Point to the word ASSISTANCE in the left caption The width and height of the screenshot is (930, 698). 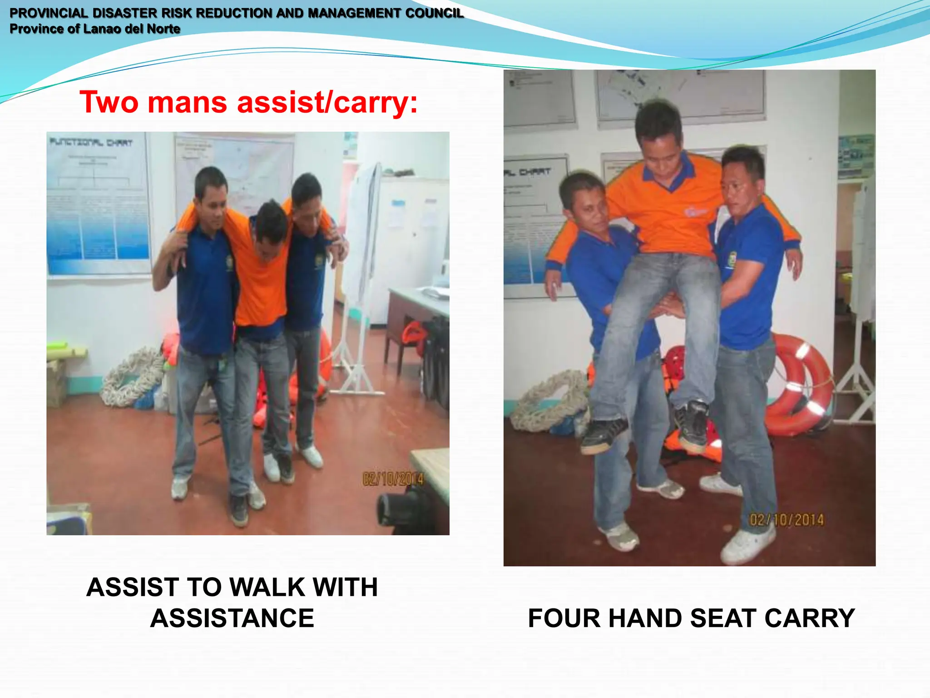tap(232, 618)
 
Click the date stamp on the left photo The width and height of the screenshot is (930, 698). tap(393, 479)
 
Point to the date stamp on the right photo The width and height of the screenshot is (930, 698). tap(787, 519)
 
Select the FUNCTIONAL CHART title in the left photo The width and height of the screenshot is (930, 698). tap(91, 143)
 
